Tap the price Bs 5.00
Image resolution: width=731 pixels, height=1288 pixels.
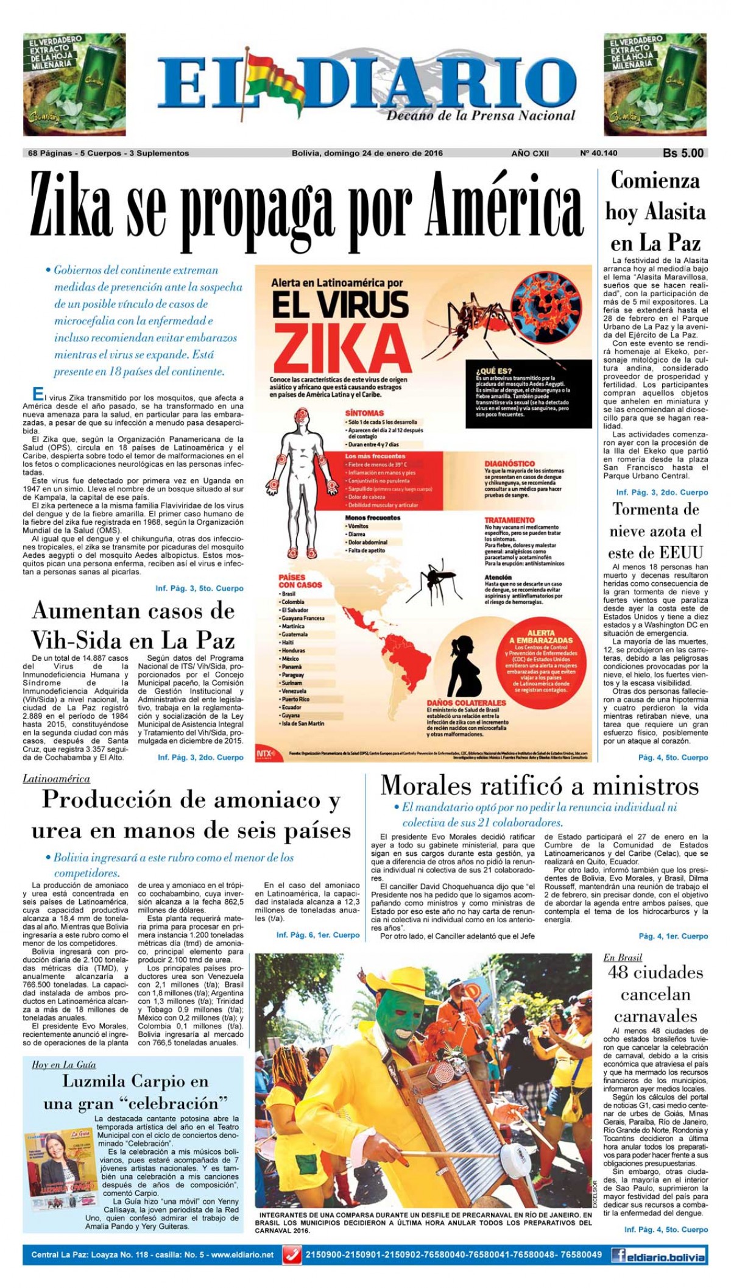pos(683,154)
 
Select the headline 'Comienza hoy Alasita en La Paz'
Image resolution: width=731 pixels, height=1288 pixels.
pos(655,212)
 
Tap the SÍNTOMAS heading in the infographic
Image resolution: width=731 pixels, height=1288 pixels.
pos(364,413)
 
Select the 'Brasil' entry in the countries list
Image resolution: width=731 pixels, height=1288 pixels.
pos(288,594)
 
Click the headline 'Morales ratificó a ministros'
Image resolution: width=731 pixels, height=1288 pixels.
pos(539,786)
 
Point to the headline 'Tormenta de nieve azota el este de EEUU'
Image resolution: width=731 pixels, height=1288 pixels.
pos(655,531)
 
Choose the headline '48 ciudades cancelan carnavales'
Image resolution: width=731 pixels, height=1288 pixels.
pos(655,994)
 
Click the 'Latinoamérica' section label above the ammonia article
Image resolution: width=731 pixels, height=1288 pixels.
pos(56,778)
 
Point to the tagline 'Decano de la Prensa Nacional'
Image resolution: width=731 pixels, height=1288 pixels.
pos(481,115)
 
